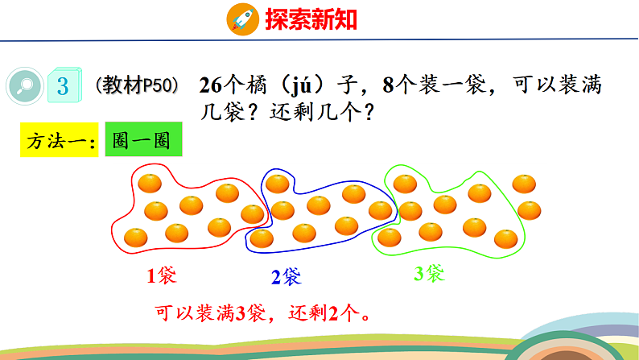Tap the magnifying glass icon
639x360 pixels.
(x=24, y=85)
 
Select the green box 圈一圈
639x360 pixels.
(x=142, y=142)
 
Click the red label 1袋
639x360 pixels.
(x=161, y=276)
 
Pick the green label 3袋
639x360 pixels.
(x=429, y=275)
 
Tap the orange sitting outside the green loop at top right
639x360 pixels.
(x=525, y=184)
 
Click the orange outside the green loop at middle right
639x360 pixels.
(x=529, y=210)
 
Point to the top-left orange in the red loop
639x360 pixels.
(x=150, y=183)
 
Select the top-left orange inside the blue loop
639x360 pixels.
(x=278, y=184)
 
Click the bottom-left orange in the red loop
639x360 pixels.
(x=137, y=237)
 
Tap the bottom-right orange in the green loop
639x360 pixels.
(x=505, y=238)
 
